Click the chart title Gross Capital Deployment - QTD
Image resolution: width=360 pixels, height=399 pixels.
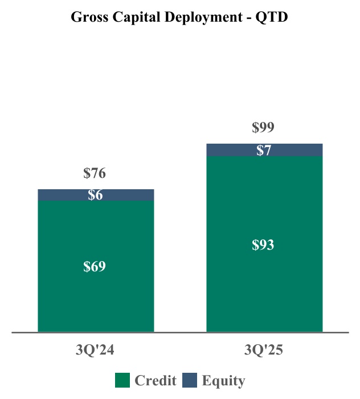(179, 17)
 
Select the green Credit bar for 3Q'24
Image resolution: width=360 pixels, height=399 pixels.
(96, 296)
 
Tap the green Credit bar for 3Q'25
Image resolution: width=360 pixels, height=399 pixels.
(264, 285)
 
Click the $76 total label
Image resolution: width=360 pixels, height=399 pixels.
(95, 173)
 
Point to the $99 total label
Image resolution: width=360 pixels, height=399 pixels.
(263, 128)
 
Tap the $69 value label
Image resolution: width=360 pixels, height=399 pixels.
(95, 267)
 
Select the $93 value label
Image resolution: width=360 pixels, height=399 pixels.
(263, 245)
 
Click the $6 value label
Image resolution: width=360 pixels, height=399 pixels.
(95, 195)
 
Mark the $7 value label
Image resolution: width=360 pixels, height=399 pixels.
(264, 150)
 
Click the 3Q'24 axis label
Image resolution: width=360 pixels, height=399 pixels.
(95, 351)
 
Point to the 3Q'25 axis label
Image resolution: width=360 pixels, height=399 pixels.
(264, 351)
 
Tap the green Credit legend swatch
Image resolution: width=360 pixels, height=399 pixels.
(123, 380)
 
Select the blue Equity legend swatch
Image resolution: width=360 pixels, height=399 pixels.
(190, 380)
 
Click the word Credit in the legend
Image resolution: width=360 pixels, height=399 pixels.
(155, 381)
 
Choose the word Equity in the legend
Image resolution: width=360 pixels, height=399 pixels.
(223, 381)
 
